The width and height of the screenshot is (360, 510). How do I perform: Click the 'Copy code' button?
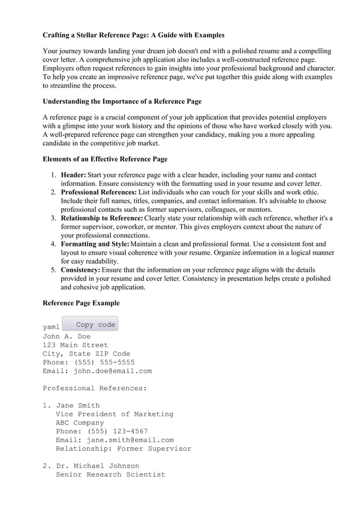(x=90, y=324)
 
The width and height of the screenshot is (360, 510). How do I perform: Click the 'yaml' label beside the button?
(x=51, y=327)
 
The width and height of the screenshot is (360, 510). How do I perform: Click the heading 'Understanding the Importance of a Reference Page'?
(x=122, y=101)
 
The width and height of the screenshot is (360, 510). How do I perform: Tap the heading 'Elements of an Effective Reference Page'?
(x=105, y=159)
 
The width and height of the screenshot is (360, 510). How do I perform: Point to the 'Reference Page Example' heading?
(x=81, y=303)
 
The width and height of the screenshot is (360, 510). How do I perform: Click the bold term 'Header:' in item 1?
(x=73, y=175)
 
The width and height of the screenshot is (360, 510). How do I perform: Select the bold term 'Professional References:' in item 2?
(x=99, y=192)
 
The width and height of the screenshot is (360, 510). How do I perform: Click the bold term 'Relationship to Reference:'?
(x=102, y=218)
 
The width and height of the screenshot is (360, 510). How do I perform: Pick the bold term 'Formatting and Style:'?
(x=95, y=244)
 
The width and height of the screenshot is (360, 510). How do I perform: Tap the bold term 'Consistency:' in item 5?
(x=81, y=270)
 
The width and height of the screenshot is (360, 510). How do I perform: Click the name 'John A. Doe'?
(x=67, y=336)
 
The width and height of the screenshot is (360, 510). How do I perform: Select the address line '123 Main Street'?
(x=75, y=345)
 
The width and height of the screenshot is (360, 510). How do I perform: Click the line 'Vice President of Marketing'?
(x=115, y=414)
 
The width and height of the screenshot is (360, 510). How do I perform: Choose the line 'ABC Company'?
(x=80, y=422)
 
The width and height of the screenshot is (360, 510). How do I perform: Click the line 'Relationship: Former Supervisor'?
(x=123, y=448)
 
